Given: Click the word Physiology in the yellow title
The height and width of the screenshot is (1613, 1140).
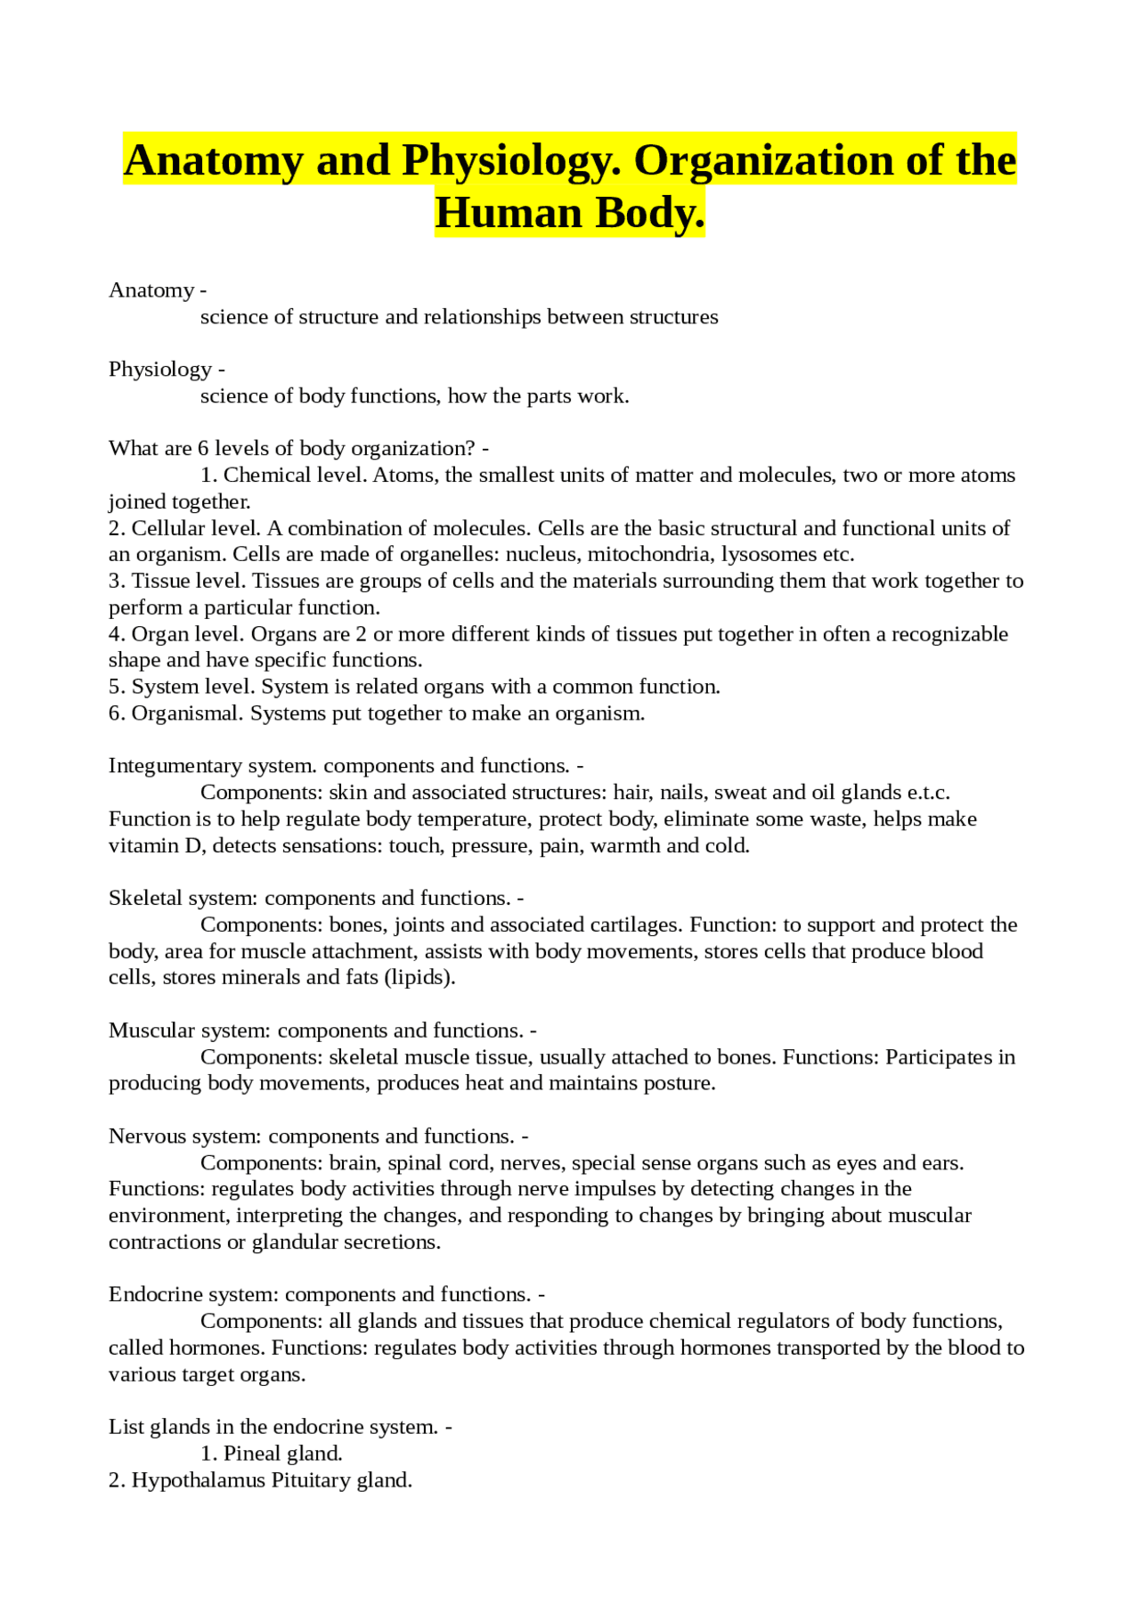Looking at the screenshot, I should (511, 161).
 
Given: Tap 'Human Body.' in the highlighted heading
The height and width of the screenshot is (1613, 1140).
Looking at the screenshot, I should (569, 214).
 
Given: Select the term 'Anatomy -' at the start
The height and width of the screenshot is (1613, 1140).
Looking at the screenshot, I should (158, 290).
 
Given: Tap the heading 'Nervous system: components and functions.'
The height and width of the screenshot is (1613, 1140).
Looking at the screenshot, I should (312, 1136).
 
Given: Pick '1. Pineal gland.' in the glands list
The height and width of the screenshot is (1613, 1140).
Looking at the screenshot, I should (271, 1454).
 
